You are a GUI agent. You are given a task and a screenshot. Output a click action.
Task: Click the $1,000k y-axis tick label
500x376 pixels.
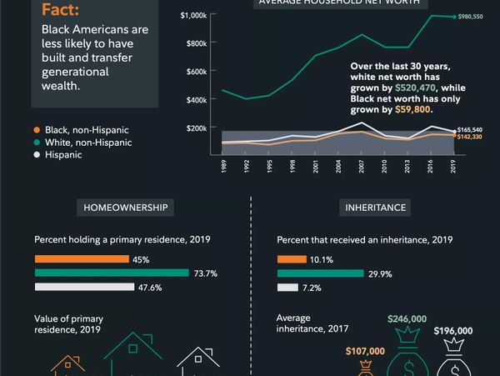pyautogui.click(x=195, y=15)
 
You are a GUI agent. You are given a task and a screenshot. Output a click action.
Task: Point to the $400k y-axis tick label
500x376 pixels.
pyautogui.click(x=197, y=100)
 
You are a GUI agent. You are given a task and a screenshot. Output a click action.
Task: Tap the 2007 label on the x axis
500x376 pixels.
pyautogui.click(x=360, y=165)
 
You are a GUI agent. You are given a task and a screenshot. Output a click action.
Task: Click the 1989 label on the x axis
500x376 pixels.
pyautogui.click(x=223, y=165)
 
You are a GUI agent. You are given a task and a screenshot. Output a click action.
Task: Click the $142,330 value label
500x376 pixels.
pyautogui.click(x=471, y=137)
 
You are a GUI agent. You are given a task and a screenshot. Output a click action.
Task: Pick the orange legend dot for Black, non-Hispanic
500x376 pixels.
pyautogui.click(x=37, y=130)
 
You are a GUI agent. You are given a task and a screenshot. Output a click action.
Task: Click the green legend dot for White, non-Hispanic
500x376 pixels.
pyautogui.click(x=37, y=143)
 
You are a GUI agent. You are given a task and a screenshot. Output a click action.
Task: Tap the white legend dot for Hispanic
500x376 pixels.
pyautogui.click(x=37, y=155)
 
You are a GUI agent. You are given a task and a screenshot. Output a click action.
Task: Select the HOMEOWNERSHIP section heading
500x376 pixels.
pyautogui.click(x=126, y=207)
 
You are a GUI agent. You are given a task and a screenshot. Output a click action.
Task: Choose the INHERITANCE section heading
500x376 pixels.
pyautogui.click(x=376, y=207)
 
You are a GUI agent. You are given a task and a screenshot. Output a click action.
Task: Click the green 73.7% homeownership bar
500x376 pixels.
pyautogui.click(x=112, y=273)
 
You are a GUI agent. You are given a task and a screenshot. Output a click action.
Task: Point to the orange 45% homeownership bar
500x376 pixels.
pyautogui.click(x=81, y=259)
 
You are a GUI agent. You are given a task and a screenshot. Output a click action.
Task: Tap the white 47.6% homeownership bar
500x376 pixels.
pyautogui.click(x=84, y=287)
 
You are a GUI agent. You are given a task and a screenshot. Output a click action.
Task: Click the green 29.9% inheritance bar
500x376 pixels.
pyautogui.click(x=320, y=273)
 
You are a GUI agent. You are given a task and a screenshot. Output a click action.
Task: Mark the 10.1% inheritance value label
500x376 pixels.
pyautogui.click(x=322, y=259)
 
